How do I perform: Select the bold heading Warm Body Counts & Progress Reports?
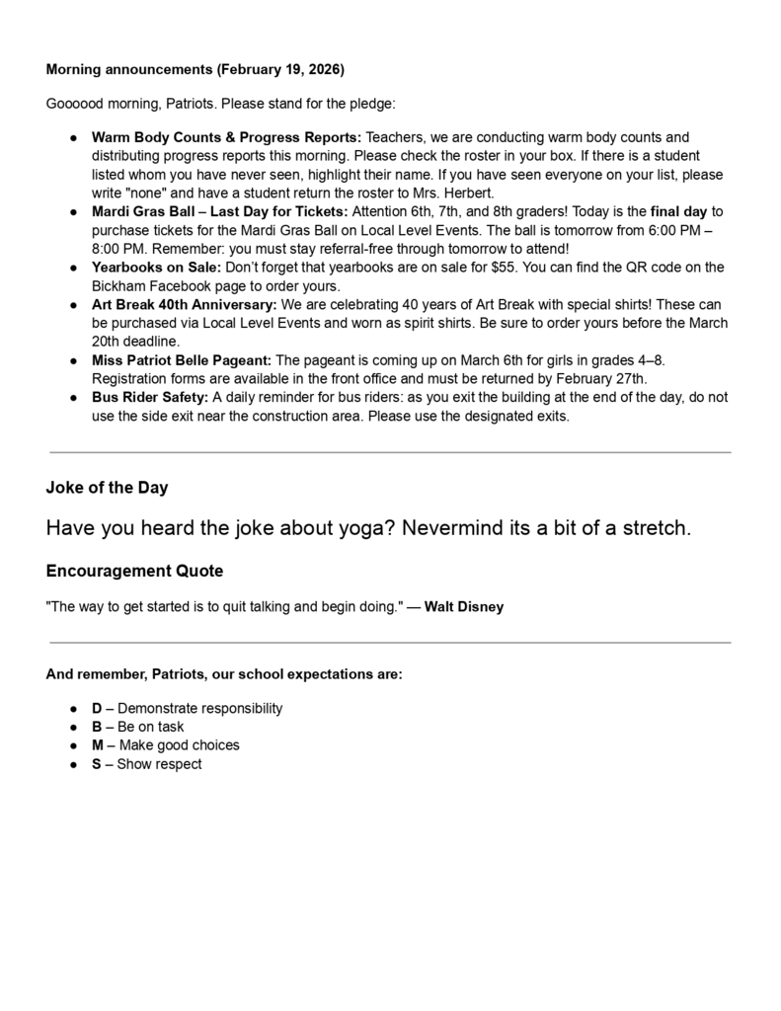(x=226, y=137)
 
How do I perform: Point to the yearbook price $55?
(x=507, y=268)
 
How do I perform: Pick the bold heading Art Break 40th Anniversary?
(x=184, y=305)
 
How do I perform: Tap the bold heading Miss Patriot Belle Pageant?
(x=181, y=360)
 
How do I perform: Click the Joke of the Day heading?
(x=107, y=488)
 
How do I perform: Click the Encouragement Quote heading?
(x=134, y=571)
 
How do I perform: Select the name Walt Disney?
(x=463, y=607)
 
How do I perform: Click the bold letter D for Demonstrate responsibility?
(x=97, y=709)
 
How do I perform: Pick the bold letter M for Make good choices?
(x=98, y=745)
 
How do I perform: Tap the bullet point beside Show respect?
(x=74, y=764)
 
